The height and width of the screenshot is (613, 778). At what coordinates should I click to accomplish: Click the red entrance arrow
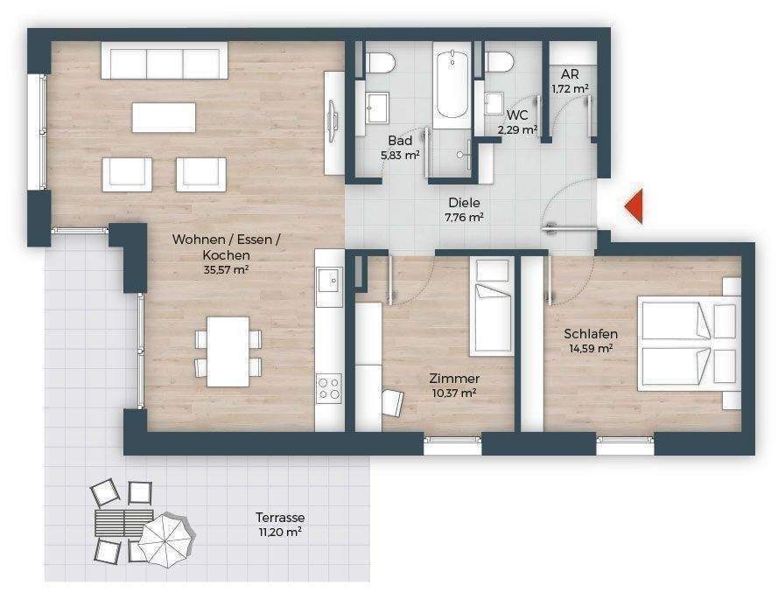634,205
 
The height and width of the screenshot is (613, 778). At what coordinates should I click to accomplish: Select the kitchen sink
329,282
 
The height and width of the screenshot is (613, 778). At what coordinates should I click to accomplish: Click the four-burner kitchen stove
329,388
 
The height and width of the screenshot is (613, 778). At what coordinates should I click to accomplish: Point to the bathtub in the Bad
452,84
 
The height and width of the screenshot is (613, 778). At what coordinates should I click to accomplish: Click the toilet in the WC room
498,62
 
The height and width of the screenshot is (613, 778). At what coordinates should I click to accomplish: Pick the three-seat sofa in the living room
165,60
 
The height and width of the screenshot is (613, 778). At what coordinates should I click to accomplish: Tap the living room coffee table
164,117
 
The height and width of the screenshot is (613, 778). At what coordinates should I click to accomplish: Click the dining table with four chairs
228,352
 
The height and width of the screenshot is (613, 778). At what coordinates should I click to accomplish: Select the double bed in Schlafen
689,344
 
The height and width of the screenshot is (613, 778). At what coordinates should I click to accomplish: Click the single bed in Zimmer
492,306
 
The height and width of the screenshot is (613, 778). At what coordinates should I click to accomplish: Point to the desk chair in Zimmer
392,403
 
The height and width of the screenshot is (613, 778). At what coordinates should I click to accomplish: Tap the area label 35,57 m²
226,270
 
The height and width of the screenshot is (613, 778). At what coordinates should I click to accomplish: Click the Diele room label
464,202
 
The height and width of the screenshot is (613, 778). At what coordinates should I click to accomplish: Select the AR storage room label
570,74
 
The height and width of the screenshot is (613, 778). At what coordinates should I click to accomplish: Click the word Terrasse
280,518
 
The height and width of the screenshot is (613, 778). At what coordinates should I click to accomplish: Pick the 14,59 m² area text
591,348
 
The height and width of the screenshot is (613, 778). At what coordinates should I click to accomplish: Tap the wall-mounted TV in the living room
332,121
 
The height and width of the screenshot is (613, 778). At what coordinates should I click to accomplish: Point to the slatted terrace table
123,522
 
